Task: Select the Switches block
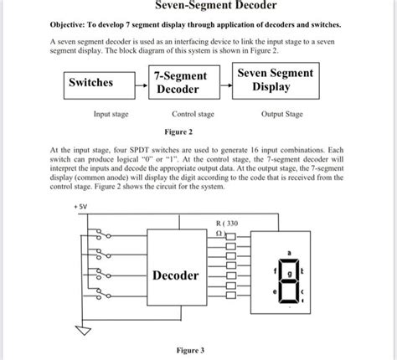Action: pyautogui.click(x=99, y=83)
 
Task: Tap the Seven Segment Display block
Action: pyautogui.click(x=275, y=81)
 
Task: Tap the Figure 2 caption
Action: pyautogui.click(x=178, y=131)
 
